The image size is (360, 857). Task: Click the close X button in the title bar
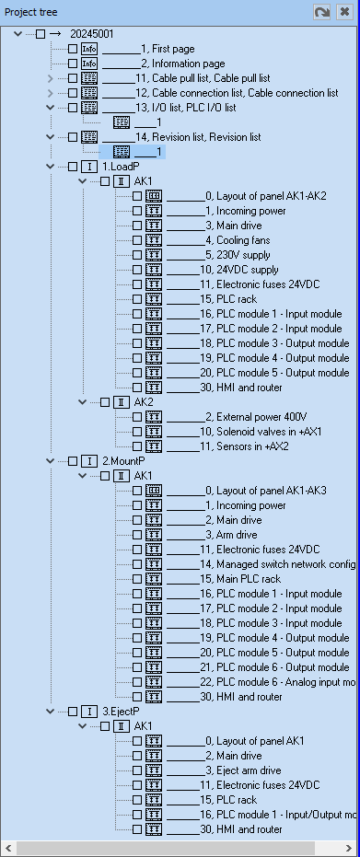(344, 12)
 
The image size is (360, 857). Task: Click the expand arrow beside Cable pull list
(51, 78)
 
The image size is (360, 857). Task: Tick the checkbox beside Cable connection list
(73, 93)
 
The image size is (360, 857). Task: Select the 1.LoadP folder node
(120, 167)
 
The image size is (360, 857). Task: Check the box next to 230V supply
(137, 255)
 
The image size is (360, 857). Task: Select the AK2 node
(143, 402)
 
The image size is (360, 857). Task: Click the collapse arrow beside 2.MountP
(51, 461)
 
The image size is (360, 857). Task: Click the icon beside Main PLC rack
(154, 579)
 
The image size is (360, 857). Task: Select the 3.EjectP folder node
(120, 712)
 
